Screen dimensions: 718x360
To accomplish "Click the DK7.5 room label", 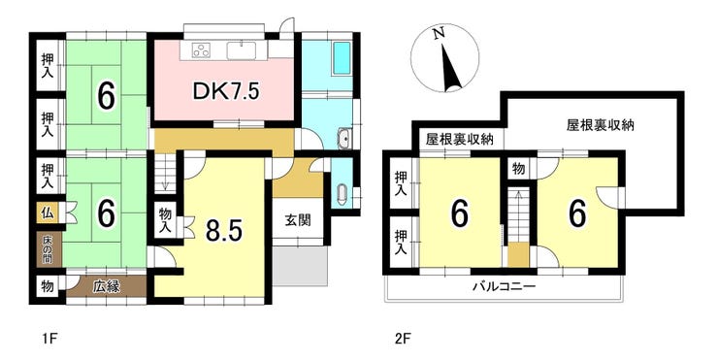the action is [226, 91].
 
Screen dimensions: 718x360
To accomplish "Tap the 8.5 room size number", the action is [223, 230].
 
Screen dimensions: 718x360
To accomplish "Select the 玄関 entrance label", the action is [298, 220].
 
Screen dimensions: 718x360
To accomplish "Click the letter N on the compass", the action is [440, 33].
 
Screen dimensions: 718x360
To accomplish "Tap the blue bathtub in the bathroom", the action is [342, 58].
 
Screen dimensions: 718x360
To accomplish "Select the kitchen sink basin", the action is [241, 50].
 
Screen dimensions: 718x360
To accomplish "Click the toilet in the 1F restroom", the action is [342, 196].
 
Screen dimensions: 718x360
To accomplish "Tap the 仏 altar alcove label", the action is [48, 213].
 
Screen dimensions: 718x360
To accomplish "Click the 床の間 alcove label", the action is [48, 249].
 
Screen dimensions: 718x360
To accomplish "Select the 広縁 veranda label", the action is [107, 286].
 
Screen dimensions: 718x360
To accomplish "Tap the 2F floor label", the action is [401, 340].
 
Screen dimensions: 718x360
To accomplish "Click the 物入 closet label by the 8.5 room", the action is [165, 220].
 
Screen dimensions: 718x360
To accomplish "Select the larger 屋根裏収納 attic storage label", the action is [601, 125].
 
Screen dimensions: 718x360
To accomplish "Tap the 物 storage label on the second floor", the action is [518, 170].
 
